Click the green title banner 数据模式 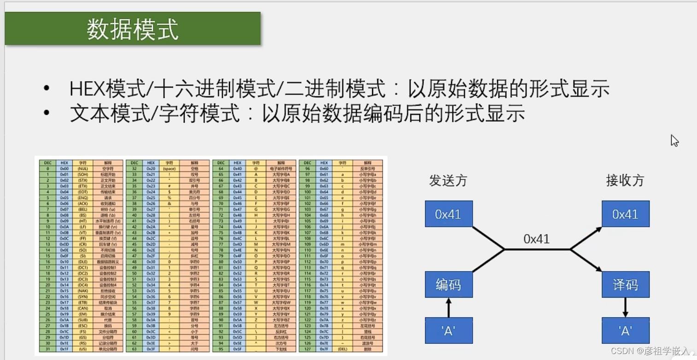(x=133, y=29)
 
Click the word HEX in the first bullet (x=87, y=89)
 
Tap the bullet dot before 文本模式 (x=46, y=113)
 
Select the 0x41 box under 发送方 (x=448, y=214)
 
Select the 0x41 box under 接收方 (x=625, y=214)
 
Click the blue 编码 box (x=448, y=284)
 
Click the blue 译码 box (x=625, y=284)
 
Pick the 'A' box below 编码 (x=448, y=330)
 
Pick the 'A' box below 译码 (x=625, y=330)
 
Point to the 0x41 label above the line (x=536, y=239)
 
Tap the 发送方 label (x=448, y=180)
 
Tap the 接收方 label (x=625, y=180)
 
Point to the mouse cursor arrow (x=674, y=140)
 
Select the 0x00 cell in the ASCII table (x=64, y=169)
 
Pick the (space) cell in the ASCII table (x=169, y=169)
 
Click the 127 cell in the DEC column (x=307, y=349)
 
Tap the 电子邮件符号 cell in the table (x=281, y=169)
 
